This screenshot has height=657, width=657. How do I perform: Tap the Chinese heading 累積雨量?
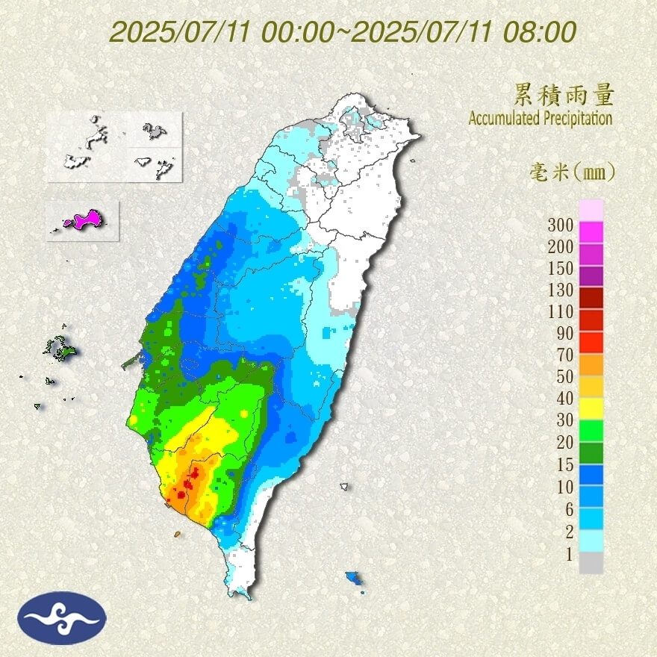click(564, 95)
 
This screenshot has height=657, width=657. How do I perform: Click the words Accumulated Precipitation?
click(541, 118)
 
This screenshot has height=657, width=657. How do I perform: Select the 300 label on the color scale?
click(560, 225)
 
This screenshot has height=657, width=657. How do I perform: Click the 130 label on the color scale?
click(560, 290)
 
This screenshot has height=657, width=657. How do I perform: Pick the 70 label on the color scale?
click(564, 355)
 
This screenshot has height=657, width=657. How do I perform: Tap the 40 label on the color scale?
click(564, 399)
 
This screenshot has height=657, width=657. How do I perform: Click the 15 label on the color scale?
click(564, 464)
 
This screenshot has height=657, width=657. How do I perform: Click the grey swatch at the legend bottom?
click(591, 563)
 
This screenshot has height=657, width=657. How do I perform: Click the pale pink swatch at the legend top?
click(591, 211)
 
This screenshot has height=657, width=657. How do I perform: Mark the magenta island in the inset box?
click(86, 219)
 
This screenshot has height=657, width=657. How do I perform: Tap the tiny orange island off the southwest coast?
click(178, 534)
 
